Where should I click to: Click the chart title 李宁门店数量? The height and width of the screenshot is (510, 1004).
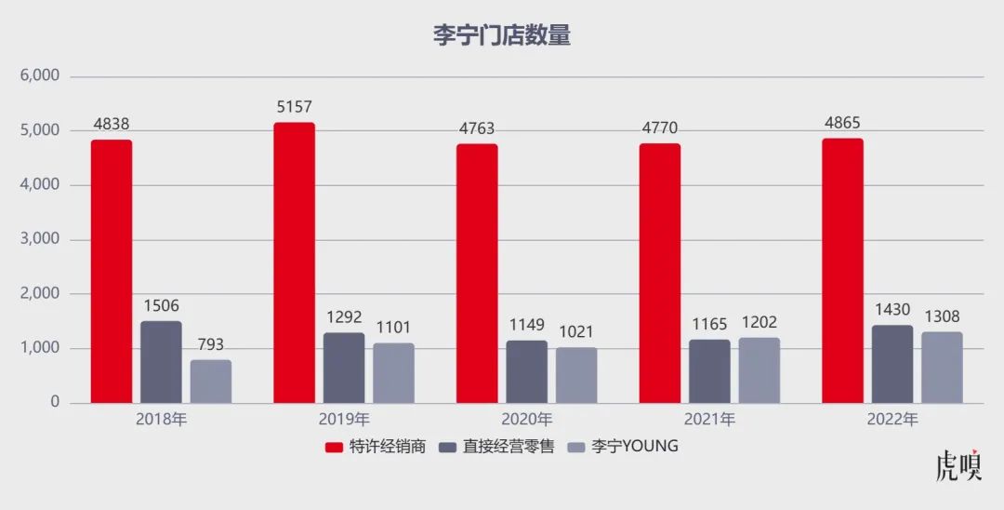tap(501, 36)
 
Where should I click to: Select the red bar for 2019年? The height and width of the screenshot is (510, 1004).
tap(294, 262)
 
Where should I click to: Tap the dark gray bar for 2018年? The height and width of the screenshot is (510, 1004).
tap(161, 362)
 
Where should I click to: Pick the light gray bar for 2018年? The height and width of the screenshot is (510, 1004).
tap(211, 382)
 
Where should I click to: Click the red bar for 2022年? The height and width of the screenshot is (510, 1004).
tap(842, 271)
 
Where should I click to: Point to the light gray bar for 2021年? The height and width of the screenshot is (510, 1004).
tap(760, 370)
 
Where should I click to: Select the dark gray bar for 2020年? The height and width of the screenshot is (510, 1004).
tap(527, 371)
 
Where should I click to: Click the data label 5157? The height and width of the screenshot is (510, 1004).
tap(294, 108)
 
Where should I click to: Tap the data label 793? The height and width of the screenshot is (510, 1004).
tap(211, 344)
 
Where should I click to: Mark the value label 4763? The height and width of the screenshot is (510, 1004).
tap(477, 128)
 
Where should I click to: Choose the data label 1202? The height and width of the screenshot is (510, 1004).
tap(760, 322)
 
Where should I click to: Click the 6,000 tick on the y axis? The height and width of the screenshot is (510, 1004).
tap(40, 76)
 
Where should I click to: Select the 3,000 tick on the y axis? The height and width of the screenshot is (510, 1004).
tap(40, 239)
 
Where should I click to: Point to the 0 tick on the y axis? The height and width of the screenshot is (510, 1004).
tap(55, 403)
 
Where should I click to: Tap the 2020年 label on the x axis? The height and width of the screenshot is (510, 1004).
tap(527, 420)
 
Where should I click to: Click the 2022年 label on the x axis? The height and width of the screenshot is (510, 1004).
tap(892, 420)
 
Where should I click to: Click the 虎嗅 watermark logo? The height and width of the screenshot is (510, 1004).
tap(958, 465)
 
